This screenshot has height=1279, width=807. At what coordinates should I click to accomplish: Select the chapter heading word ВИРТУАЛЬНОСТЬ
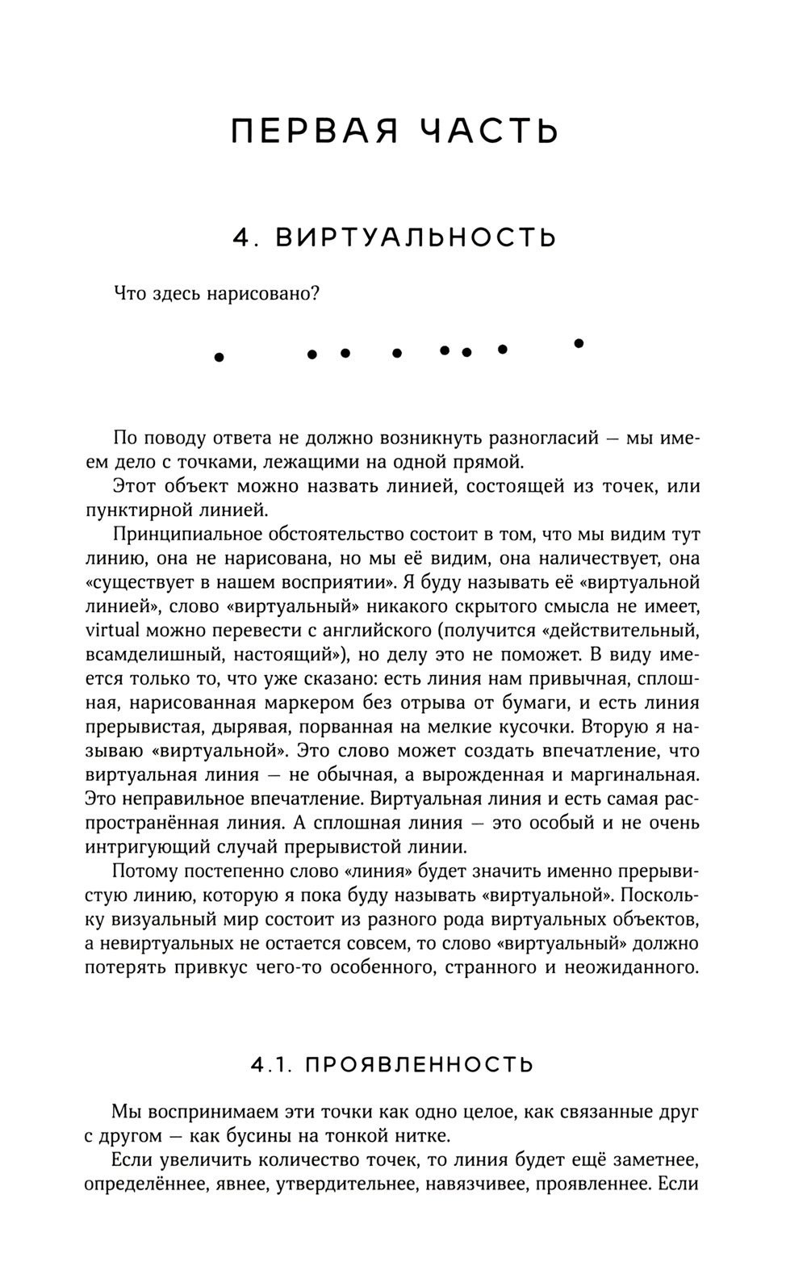tap(416, 237)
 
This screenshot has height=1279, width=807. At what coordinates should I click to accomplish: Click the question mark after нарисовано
tap(316, 293)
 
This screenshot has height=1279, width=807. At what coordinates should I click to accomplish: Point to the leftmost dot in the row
tap(218, 356)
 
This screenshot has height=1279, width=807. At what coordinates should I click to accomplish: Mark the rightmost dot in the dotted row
tap(578, 343)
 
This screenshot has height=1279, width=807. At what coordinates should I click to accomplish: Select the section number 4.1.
tap(270, 1064)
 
